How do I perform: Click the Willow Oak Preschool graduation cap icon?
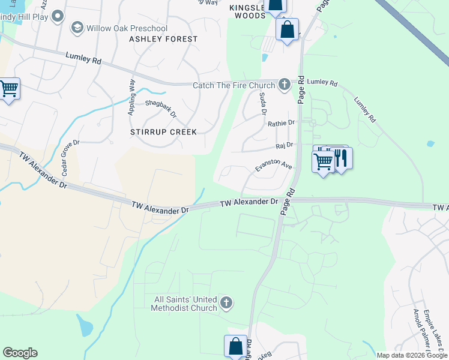(77, 28)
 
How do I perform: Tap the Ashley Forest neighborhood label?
(163, 39)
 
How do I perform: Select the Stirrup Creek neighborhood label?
(163, 132)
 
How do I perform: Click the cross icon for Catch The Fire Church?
(284, 85)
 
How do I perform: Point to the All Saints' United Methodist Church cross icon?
(226, 302)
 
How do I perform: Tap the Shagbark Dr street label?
(161, 108)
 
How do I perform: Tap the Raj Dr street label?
(284, 145)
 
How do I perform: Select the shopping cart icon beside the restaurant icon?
(324, 161)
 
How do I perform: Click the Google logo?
(20, 353)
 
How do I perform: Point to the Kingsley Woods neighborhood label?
(247, 11)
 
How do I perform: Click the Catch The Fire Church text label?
(233, 85)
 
